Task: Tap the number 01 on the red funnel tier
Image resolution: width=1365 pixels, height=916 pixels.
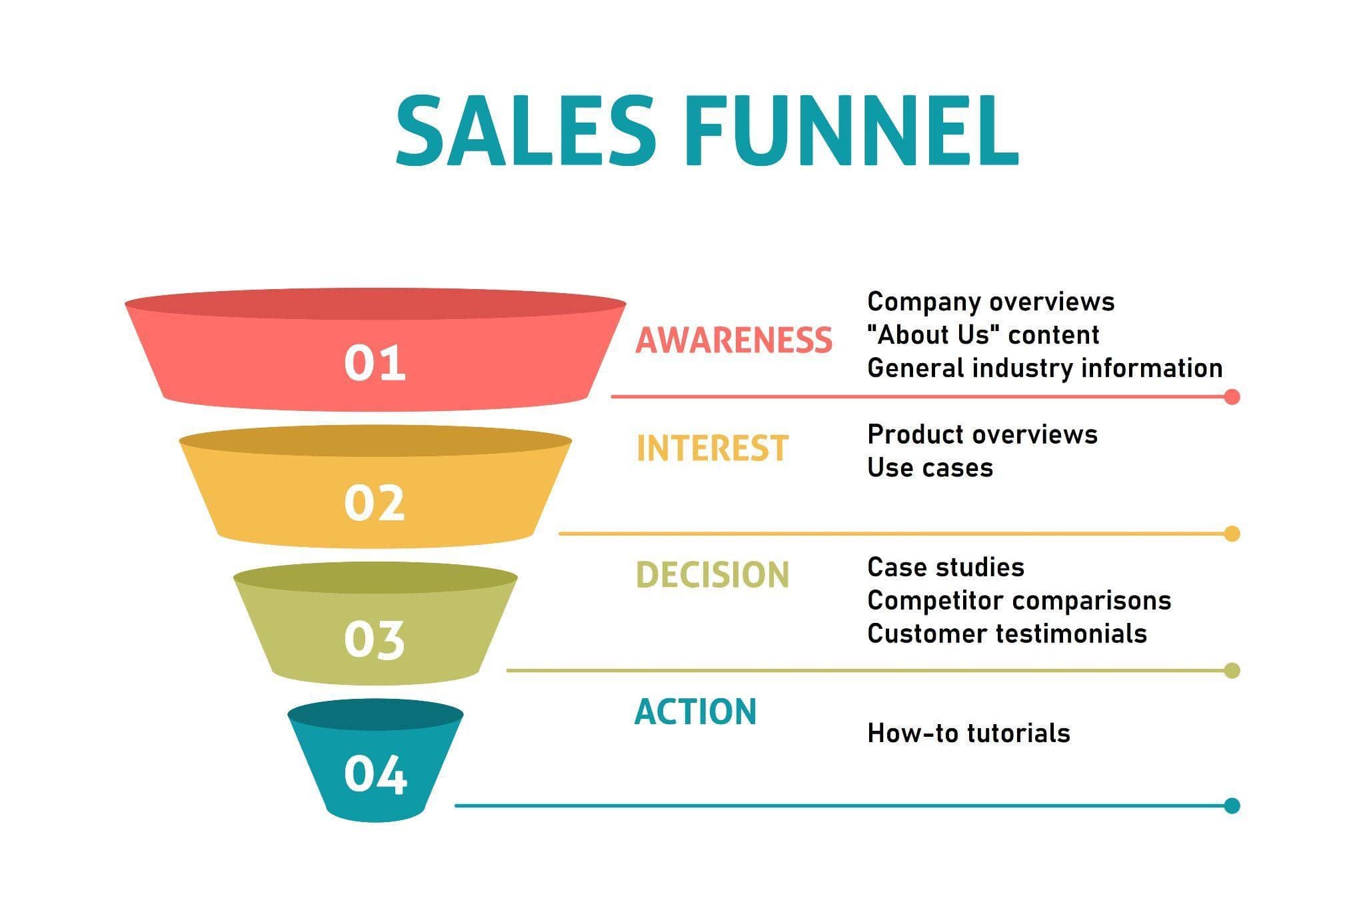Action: [x=375, y=363]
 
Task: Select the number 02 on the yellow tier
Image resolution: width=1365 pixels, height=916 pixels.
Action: [x=375, y=503]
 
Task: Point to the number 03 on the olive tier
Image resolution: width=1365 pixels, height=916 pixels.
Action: [x=375, y=640]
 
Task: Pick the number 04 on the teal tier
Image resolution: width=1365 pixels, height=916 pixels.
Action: [x=375, y=775]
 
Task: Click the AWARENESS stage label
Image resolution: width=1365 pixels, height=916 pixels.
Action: [x=734, y=340]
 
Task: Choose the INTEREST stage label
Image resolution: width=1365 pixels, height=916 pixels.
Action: [x=712, y=448]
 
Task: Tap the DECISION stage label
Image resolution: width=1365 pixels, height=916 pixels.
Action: [x=712, y=574]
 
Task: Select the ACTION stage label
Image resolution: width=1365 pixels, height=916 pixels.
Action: [x=695, y=711]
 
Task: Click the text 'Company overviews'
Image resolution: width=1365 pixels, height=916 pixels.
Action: [x=990, y=302]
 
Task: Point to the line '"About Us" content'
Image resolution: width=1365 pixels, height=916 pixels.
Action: [x=983, y=334]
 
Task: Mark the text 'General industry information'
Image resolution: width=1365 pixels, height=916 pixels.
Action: [x=1045, y=368]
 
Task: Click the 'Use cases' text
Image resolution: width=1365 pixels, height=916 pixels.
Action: [x=930, y=468]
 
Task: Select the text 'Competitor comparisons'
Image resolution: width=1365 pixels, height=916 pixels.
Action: [x=1019, y=600]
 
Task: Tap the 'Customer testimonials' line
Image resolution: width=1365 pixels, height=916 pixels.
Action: [x=1007, y=633]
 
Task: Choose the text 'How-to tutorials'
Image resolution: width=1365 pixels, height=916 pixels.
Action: [x=968, y=733]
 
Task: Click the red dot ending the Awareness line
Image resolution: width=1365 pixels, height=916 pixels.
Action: [x=1232, y=397]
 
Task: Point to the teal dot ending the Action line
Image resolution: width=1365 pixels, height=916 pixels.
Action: [x=1232, y=806]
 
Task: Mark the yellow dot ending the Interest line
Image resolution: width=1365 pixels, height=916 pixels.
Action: [x=1232, y=534]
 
